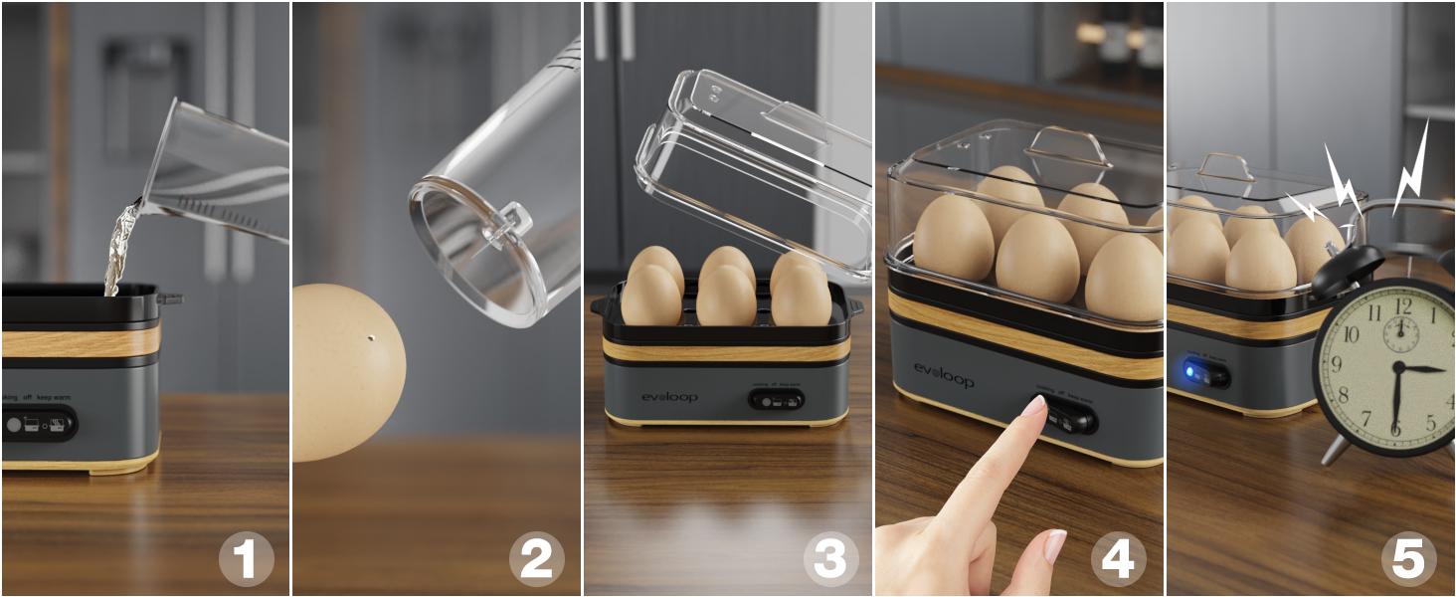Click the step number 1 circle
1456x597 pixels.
(246, 559)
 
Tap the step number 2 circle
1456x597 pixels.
(536, 559)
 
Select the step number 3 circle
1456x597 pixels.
(829, 559)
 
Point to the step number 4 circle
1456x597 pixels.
(1118, 559)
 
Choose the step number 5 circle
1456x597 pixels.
(1408, 559)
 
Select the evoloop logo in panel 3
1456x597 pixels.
(669, 397)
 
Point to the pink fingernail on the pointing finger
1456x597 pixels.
(1035, 406)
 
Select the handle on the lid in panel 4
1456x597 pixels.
(1068, 147)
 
